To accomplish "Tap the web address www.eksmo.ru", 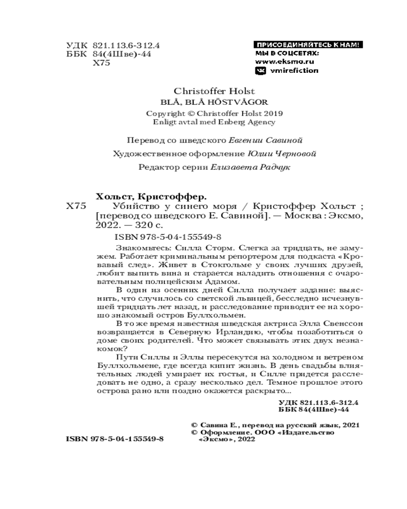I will pos(284,61).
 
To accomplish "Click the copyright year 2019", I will pos(273,113).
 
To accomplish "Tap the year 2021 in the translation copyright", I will pos(351,423).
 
